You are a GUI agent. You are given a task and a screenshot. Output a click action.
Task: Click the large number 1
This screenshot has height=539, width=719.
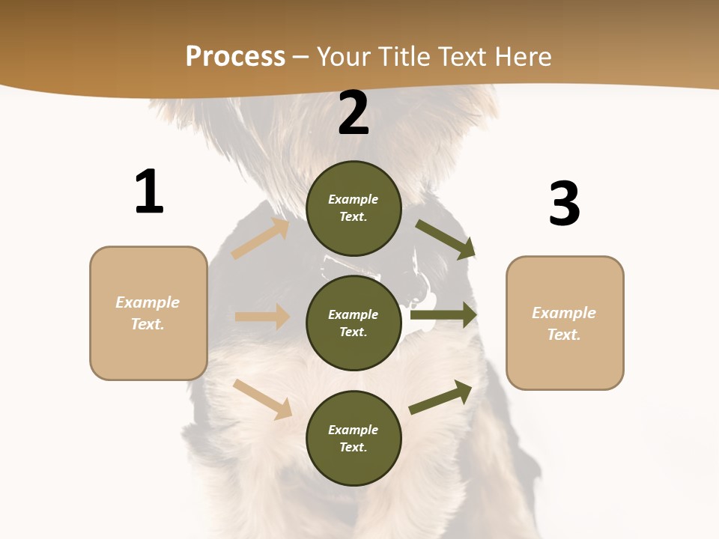149,192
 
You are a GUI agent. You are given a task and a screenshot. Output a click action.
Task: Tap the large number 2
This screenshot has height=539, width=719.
354,114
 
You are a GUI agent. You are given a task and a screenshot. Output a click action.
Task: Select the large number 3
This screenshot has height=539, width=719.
564,204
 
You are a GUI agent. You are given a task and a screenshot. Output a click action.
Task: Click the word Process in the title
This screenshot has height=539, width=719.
235,56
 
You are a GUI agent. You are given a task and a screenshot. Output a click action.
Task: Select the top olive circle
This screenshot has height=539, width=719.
354,208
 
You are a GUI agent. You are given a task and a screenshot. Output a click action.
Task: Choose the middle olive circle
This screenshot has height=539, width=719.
354,323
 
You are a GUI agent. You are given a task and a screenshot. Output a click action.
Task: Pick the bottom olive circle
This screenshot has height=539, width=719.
354,438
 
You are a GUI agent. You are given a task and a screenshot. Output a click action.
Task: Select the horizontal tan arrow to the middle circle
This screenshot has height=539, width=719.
262,317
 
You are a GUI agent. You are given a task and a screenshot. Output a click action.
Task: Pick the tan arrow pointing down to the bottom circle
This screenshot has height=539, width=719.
263,399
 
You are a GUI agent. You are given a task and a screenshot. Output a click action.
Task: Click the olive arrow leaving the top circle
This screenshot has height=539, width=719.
446,240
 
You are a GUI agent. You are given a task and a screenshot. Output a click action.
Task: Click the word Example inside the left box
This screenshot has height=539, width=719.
148,302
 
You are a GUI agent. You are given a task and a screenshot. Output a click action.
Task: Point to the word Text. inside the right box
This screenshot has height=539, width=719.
564,335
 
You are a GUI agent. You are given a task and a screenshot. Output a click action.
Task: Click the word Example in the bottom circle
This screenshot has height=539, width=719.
353,430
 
